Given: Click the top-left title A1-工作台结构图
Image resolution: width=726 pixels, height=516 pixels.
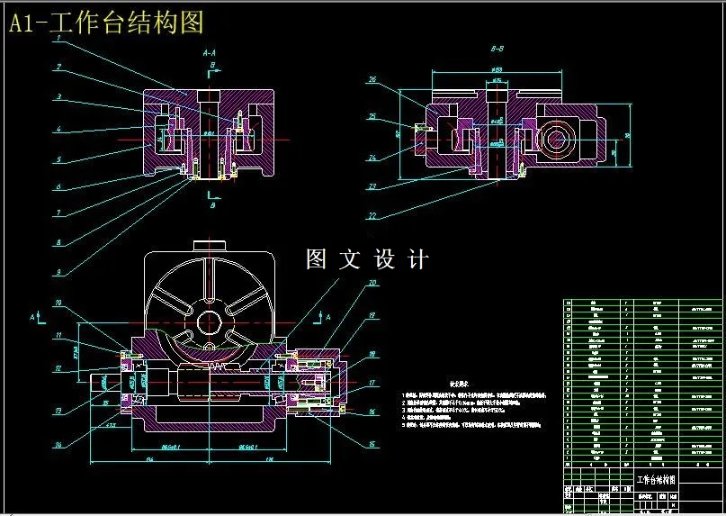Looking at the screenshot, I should pos(106,22).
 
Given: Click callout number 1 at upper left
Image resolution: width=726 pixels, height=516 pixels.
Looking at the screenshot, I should pos(58,40).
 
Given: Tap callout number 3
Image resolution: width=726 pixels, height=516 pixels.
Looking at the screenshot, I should pos(58,96).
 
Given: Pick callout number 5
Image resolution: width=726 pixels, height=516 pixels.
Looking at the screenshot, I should pos(58,159).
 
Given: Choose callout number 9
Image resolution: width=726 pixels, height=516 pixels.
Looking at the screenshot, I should pos(58,272).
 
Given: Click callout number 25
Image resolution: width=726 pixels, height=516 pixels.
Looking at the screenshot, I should pos(372,116).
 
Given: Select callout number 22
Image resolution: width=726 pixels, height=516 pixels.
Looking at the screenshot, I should pos(372,216).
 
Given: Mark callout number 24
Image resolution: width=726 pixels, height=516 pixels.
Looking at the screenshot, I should pos(372,157).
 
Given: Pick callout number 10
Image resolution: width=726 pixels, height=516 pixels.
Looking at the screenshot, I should pos(58,303).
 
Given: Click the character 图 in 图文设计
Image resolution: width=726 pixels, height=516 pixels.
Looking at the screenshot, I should pos(317,259).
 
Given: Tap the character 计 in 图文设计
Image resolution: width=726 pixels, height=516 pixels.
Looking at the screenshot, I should pos(417,259).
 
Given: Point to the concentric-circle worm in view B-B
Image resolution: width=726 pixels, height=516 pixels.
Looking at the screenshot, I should pos(560,140).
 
